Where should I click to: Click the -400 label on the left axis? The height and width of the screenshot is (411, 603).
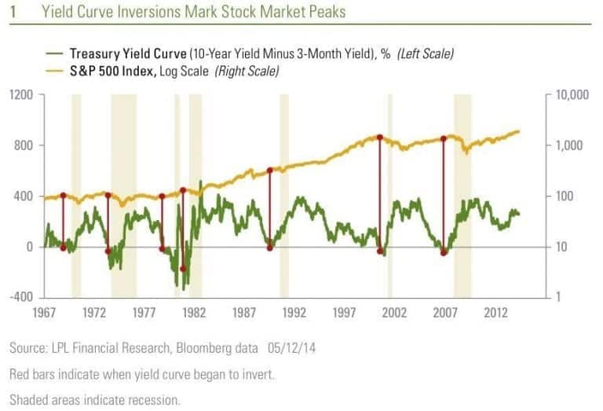tap(21, 297)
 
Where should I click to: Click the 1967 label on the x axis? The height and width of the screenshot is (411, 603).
tap(43, 313)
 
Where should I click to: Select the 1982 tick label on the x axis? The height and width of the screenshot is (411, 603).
tap(192, 313)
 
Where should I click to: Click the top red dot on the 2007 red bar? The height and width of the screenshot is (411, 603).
tap(444, 138)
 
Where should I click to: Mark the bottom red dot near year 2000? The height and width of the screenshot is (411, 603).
tap(380, 251)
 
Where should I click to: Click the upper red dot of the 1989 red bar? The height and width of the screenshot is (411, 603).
tap(269, 170)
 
